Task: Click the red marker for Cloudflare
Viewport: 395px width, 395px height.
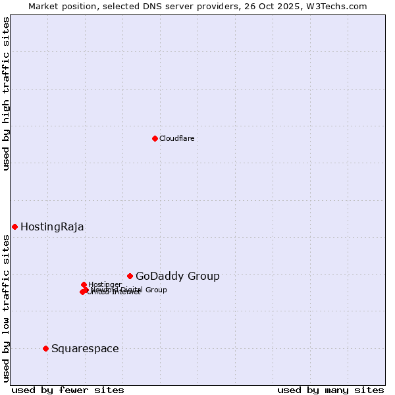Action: coord(155,138)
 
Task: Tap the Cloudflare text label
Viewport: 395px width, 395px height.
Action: coord(176,138)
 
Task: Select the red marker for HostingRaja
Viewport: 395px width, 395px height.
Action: coord(14,226)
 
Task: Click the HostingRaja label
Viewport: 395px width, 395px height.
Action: coord(52,226)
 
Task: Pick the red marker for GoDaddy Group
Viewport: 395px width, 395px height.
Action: coord(130,276)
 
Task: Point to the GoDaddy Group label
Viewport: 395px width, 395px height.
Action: coord(177,276)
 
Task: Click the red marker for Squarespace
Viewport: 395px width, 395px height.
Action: coord(45,348)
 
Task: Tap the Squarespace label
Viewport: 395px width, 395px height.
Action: coord(85,348)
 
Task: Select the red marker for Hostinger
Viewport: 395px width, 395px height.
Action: coord(84,284)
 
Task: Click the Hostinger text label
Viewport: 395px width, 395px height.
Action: coord(105,284)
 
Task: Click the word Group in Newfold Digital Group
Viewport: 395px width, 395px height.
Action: coord(156,290)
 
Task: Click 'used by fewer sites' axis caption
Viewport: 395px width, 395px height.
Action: coord(68,390)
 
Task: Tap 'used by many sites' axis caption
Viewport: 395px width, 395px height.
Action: coord(330,390)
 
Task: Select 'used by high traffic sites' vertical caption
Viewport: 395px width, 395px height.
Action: coord(6,93)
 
